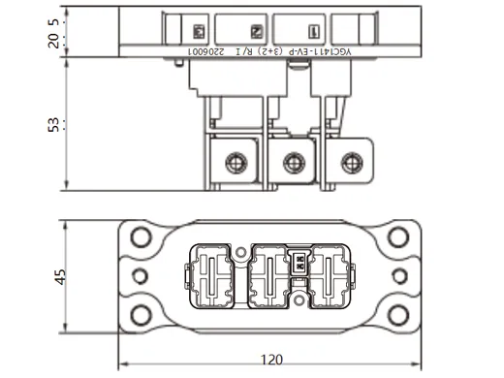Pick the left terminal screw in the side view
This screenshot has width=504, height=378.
234,163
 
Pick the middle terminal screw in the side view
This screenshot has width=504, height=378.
289,163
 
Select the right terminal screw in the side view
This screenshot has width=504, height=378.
346,163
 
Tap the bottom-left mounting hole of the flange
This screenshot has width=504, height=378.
142,314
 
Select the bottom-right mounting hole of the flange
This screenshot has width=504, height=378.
397,314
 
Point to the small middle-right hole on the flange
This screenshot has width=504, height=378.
398,276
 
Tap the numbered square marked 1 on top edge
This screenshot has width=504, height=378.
311,30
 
